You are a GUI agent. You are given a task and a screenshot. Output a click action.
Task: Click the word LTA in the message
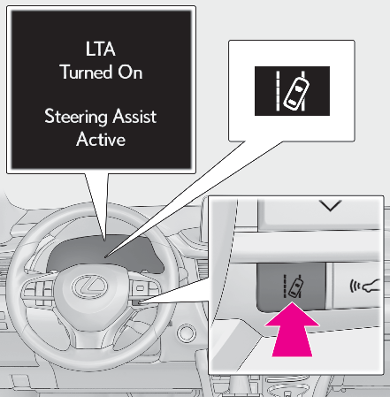(100, 49)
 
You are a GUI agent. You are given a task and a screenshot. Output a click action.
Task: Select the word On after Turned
(130, 72)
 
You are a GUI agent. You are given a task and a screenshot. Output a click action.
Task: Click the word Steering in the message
(76, 117)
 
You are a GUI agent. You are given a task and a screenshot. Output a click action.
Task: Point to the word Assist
(134, 116)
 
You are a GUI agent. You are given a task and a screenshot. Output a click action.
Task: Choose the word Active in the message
(101, 139)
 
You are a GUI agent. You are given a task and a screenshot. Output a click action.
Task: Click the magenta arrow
(292, 329)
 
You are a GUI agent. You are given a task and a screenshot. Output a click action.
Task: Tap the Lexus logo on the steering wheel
(89, 286)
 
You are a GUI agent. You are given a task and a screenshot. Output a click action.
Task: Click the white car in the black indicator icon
(296, 93)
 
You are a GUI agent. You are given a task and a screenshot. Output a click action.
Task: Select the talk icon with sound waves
(364, 286)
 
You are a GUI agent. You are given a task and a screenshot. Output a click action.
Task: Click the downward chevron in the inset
(330, 205)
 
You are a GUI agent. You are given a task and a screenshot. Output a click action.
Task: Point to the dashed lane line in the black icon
(278, 91)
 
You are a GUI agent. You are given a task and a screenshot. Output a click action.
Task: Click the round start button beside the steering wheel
(187, 333)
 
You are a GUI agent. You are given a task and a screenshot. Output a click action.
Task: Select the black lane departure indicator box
(292, 91)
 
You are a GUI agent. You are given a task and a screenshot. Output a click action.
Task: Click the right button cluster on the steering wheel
(145, 291)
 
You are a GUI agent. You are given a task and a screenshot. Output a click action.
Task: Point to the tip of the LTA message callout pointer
(105, 241)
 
